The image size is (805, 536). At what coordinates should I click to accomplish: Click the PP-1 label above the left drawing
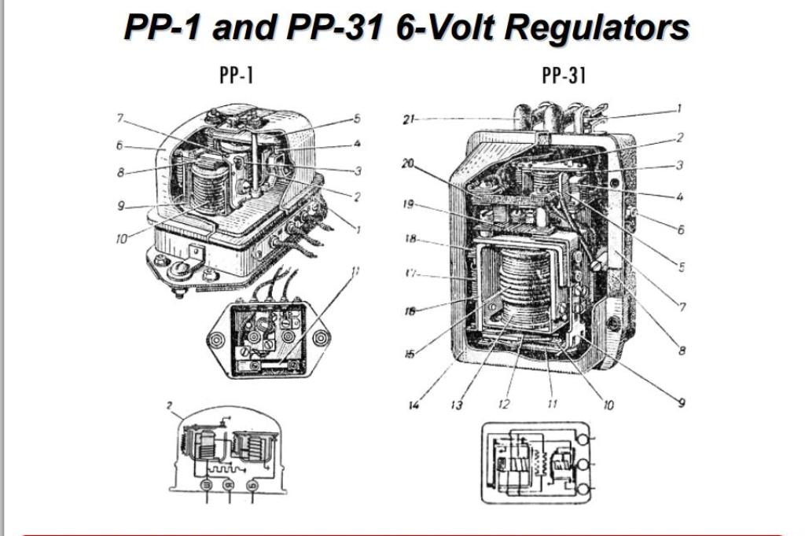236,75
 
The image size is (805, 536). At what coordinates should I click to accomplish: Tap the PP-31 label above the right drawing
564,75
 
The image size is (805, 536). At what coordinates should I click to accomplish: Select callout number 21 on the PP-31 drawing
408,119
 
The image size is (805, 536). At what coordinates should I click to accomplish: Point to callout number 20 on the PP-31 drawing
407,164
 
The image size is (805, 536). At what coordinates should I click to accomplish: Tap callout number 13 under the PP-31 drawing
457,406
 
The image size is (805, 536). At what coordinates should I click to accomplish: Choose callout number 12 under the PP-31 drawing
503,405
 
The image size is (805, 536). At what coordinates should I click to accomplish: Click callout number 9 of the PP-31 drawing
681,403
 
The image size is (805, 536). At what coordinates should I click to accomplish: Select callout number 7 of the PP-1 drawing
120,118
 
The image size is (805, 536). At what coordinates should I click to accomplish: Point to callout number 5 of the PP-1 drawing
356,119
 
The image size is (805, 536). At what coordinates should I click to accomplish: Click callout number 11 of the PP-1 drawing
355,272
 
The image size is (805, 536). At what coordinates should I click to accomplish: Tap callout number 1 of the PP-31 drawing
679,109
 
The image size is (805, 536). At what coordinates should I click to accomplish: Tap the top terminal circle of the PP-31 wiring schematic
584,435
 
